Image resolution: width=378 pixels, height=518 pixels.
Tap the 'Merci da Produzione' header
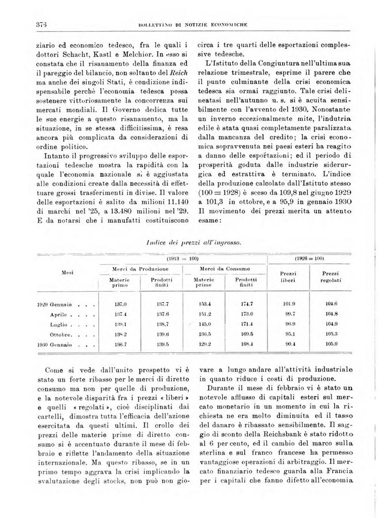[x=139, y=269]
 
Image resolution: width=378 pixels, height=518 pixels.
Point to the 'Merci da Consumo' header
[x=222, y=269]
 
